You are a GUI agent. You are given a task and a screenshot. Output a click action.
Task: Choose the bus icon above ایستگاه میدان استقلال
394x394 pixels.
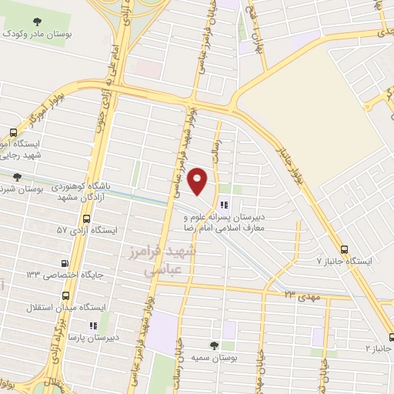point(65,295)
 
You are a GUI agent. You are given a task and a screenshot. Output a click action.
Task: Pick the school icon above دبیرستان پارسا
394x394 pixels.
point(93,326)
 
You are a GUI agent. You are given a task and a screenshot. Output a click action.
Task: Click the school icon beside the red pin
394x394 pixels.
point(225,205)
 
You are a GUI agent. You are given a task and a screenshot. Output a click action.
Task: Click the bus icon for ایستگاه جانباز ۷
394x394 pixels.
point(343,249)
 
